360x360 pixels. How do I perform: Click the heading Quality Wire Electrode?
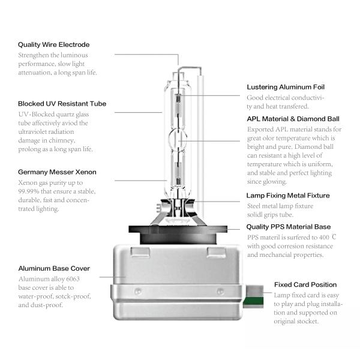click(53, 44)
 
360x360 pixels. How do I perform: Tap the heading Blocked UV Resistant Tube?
click(62, 103)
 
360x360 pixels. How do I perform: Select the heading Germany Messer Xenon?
click(57, 172)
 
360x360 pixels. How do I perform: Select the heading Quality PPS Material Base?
click(289, 227)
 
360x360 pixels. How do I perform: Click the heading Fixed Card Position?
click(305, 284)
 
